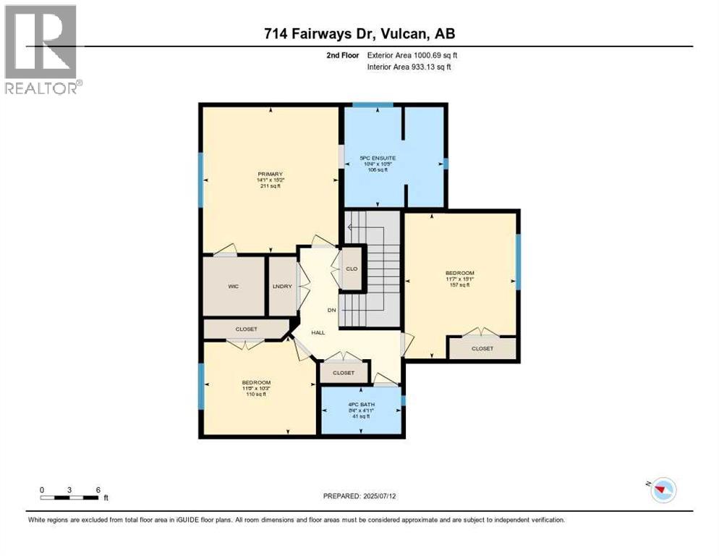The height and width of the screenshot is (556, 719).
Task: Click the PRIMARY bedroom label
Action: pos(268,174)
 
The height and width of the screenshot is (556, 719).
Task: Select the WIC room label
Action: pos(233,287)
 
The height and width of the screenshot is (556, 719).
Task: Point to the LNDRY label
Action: pos(282,287)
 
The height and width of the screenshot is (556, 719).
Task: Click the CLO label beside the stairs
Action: pos(352,269)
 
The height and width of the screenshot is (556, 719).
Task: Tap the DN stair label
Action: pos(332,310)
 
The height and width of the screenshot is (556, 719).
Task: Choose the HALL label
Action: pos(318,332)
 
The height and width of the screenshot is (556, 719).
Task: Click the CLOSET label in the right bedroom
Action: pos(482,348)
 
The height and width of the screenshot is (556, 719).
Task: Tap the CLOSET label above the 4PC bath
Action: pos(344,373)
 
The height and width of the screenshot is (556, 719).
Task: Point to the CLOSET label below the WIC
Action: pos(246,329)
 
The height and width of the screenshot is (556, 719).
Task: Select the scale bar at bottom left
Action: pos(70,496)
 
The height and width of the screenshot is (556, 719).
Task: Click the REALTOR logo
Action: pos(41,50)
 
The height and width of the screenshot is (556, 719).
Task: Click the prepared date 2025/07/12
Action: pos(359,496)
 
